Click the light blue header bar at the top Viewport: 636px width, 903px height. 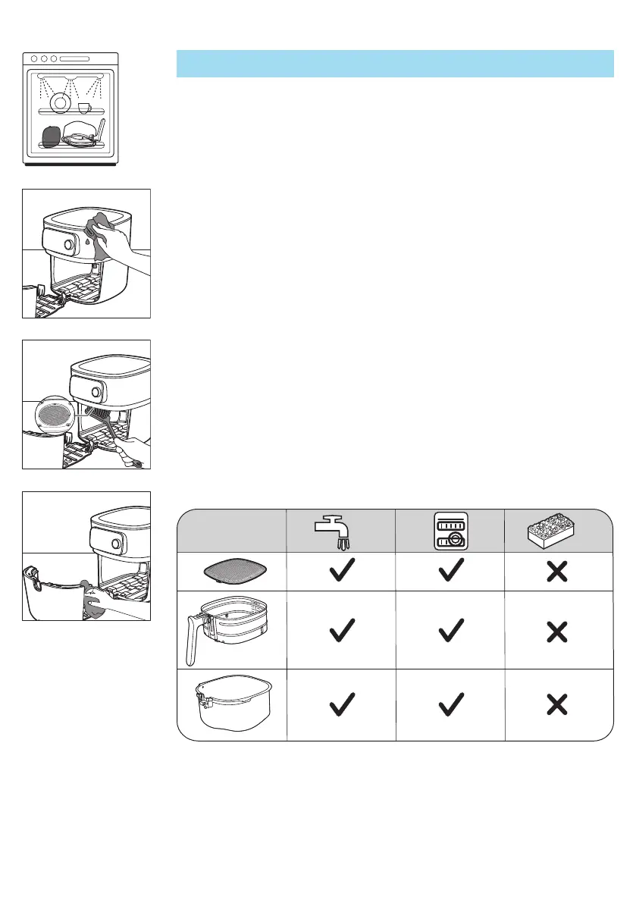click(x=394, y=64)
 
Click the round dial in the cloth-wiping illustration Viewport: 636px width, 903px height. click(x=69, y=246)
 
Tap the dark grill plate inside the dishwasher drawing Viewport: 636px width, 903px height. click(x=50, y=136)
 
